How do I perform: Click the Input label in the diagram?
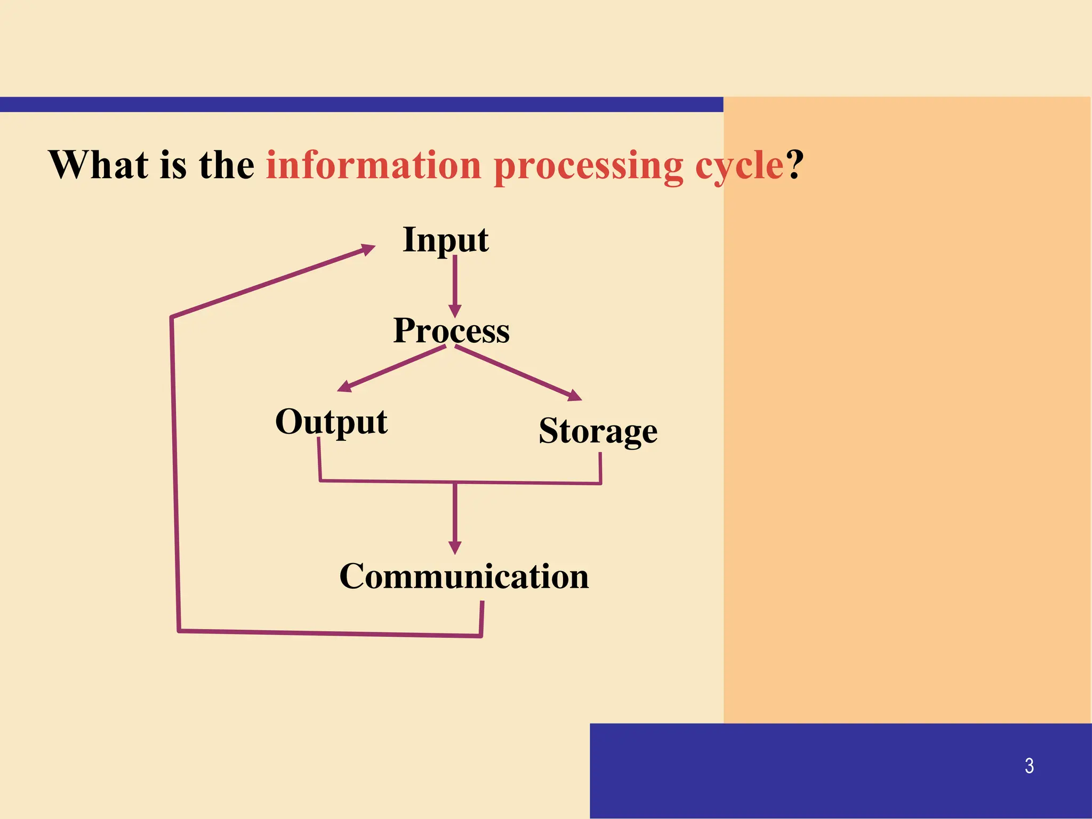point(445,240)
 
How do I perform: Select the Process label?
point(451,331)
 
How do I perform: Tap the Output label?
point(331,422)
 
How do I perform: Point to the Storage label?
point(598,431)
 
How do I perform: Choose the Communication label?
point(464,576)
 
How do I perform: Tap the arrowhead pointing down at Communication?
point(455,547)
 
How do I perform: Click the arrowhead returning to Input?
point(368,249)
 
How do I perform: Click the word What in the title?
point(99,165)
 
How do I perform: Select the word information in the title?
point(374,165)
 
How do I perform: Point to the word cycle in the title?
point(739,166)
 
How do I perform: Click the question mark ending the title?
point(794,165)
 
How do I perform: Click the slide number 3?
point(1029,766)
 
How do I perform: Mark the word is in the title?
point(173,165)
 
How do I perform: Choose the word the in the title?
point(227,165)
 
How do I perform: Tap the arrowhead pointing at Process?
point(455,311)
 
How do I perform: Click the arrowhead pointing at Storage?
point(575,396)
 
